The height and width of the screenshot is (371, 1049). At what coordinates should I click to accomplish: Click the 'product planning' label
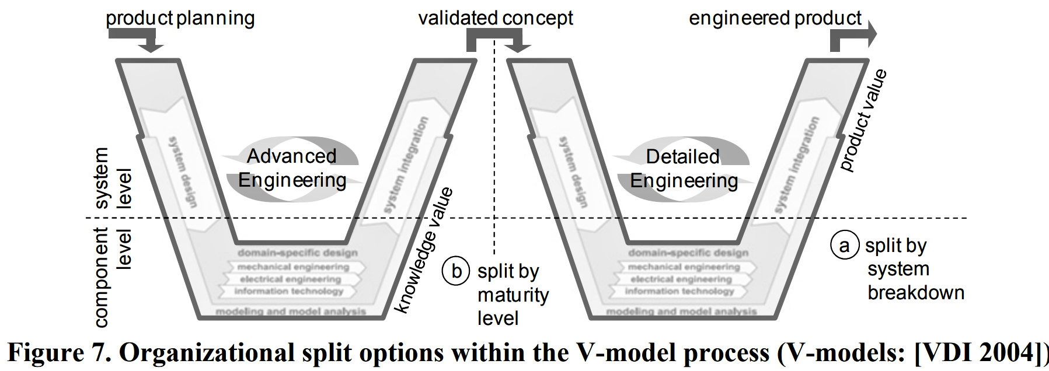180,18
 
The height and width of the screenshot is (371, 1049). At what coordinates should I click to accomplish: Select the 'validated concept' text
496,18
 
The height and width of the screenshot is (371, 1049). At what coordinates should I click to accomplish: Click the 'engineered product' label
775,18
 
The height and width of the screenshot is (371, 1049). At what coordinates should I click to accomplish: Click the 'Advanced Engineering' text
292,169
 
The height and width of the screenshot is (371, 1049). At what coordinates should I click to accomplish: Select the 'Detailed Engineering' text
684,169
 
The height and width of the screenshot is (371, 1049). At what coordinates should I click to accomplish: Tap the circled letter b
456,271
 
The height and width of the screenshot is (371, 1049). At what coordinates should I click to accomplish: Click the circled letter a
844,245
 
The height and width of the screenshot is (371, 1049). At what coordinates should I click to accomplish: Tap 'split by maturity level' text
512,295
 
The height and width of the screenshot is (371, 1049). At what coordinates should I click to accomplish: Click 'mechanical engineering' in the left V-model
293,267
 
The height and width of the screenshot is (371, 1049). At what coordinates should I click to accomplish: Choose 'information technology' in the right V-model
679,291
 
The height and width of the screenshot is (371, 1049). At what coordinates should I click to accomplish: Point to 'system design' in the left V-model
182,171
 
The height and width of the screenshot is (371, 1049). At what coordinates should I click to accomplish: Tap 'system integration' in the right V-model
797,164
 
